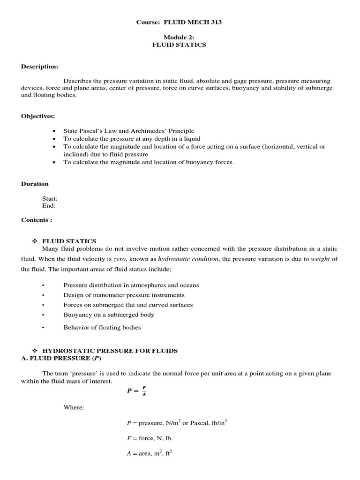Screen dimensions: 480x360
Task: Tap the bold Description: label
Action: [39, 67]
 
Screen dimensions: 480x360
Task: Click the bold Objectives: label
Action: [38, 116]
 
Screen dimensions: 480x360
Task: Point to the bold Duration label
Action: [35, 184]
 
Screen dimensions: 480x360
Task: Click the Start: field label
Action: [50, 199]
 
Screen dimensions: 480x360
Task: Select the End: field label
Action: [49, 205]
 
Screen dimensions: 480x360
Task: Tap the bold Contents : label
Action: [37, 220]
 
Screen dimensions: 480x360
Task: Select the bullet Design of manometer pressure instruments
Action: [124, 295]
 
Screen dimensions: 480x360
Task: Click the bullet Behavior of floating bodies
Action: [102, 327]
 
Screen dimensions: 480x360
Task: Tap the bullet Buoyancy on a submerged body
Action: [109, 315]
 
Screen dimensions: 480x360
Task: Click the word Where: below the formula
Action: [74, 408]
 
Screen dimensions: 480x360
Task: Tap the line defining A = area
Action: [150, 454]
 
